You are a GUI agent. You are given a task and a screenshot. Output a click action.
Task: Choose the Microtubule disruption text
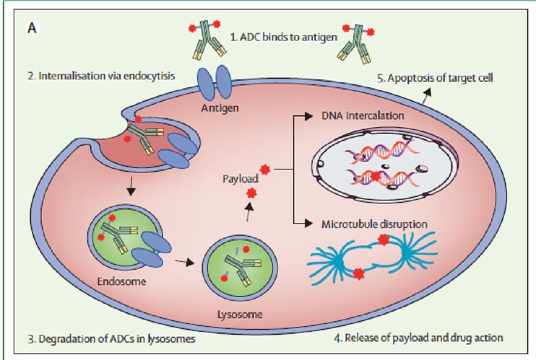[x=374, y=224]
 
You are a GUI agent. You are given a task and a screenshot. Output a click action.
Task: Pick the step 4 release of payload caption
[x=418, y=337]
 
